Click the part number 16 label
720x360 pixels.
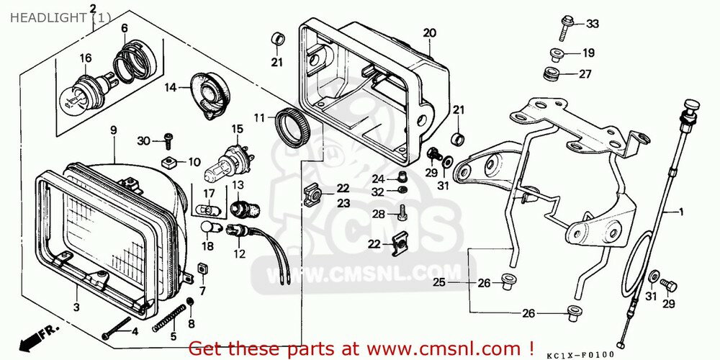tap(86, 58)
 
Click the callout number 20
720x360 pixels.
tap(429, 33)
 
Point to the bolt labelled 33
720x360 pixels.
tap(565, 28)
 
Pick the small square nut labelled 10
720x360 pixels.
tap(169, 162)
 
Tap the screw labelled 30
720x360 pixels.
tap(168, 140)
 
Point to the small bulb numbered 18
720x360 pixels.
tap(207, 227)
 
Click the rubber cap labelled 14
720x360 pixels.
tap(212, 94)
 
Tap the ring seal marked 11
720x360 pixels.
tap(292, 126)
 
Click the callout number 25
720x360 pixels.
tap(439, 283)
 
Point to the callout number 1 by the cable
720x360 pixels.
tap(681, 212)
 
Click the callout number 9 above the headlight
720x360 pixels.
tap(113, 130)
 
